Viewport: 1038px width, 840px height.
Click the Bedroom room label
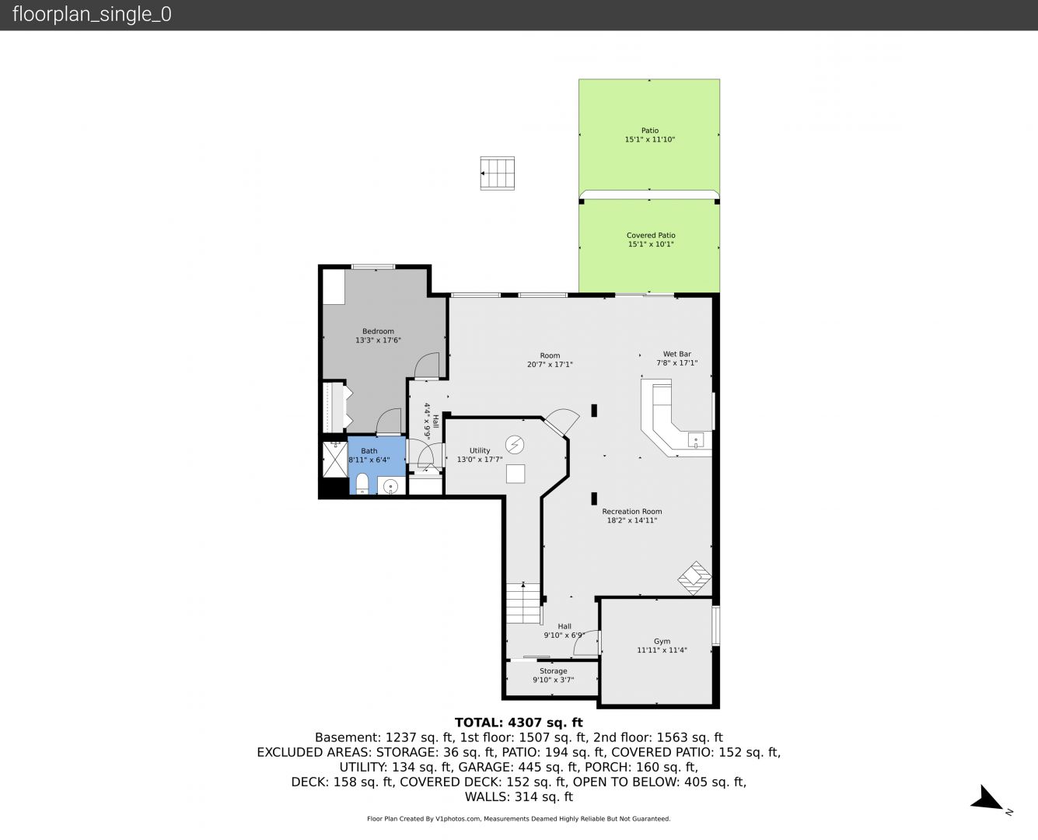378,331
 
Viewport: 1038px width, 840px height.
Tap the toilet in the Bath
362,483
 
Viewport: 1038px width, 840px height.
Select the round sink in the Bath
391,486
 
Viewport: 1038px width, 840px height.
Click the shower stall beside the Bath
335,459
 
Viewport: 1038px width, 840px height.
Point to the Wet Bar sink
696,439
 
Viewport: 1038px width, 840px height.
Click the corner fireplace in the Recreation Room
695,578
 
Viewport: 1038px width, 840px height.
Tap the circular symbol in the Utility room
515,444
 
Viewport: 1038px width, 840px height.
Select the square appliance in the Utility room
515,474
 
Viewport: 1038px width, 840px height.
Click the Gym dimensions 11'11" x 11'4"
662,650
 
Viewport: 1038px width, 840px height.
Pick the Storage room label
553,670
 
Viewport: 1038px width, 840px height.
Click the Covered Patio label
651,235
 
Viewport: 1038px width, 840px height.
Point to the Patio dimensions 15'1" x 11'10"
649,139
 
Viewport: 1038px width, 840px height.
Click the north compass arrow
986,798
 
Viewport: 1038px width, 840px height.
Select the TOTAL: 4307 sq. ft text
519,723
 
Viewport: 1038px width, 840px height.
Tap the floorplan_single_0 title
92,14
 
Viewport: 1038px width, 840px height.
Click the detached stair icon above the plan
497,173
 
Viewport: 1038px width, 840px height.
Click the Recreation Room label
631,512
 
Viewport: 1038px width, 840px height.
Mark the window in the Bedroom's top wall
373,267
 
